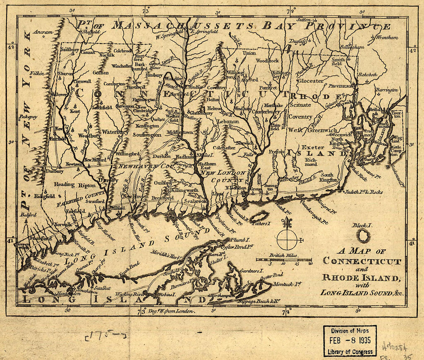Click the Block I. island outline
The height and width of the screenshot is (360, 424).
(x=363, y=236)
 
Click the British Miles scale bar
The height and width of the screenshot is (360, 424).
(x=284, y=260)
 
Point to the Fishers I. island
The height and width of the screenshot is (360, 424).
(x=260, y=217)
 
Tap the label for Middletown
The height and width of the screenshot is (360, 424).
(x=180, y=132)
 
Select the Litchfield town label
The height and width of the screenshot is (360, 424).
(x=102, y=107)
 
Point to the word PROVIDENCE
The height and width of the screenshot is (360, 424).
(x=340, y=86)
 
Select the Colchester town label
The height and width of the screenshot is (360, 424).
(x=224, y=147)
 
